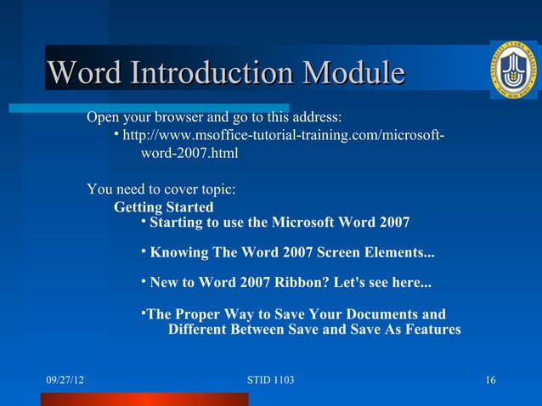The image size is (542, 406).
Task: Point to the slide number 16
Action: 489,379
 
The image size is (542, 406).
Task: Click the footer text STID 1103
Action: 270,379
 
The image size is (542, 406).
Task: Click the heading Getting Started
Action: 163,207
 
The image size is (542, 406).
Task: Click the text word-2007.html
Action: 189,155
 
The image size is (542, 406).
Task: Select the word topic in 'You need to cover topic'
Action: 216,189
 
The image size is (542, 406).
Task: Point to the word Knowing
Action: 181,253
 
